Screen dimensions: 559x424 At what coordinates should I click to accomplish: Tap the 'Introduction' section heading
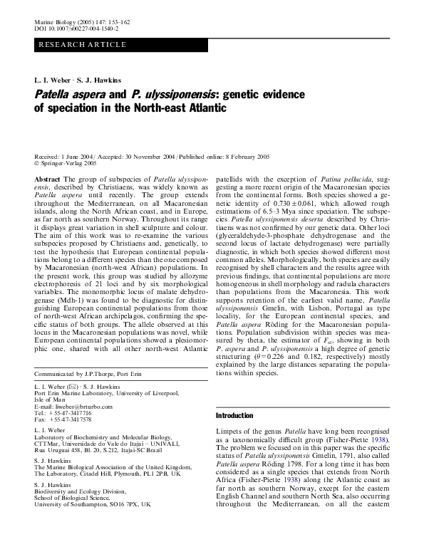pos(234,415)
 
